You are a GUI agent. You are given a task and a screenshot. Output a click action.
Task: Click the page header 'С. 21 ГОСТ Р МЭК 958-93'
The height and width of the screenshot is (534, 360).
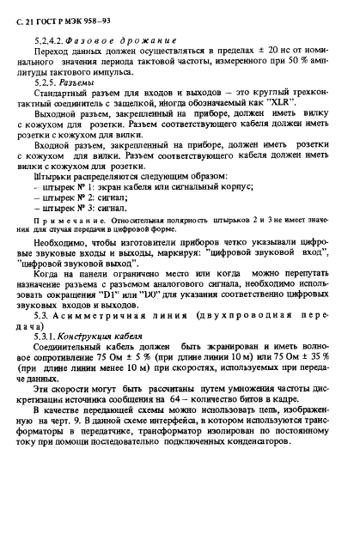(64, 18)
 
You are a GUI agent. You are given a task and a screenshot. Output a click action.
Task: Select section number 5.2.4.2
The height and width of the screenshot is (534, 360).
(64, 41)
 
